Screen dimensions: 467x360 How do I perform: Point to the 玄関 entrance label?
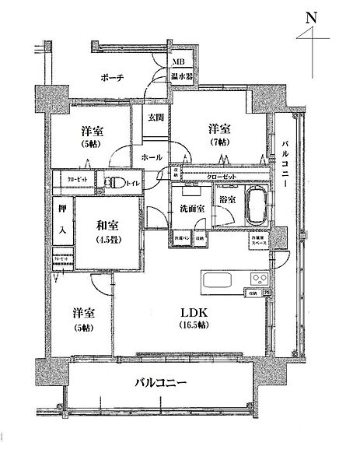click(156, 119)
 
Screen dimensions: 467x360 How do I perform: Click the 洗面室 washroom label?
click(191, 209)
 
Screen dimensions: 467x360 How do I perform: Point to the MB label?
click(179, 61)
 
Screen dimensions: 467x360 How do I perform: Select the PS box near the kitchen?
click(266, 293)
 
